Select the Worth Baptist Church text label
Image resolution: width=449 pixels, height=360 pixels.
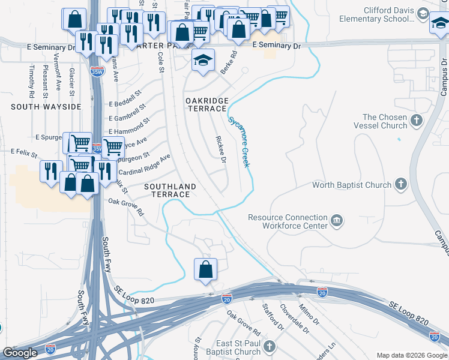[x=352, y=185]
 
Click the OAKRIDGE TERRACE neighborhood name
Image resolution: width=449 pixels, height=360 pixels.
[x=206, y=104]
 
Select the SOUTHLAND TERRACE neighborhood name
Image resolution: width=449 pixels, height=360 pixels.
[x=170, y=190]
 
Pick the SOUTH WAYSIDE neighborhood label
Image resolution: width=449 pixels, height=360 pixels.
[x=46, y=107]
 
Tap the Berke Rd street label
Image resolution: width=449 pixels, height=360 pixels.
[x=229, y=62]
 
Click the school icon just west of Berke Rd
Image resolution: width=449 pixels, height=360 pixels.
[x=203, y=59]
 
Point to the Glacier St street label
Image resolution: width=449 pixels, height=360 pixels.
[x=71, y=82]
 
